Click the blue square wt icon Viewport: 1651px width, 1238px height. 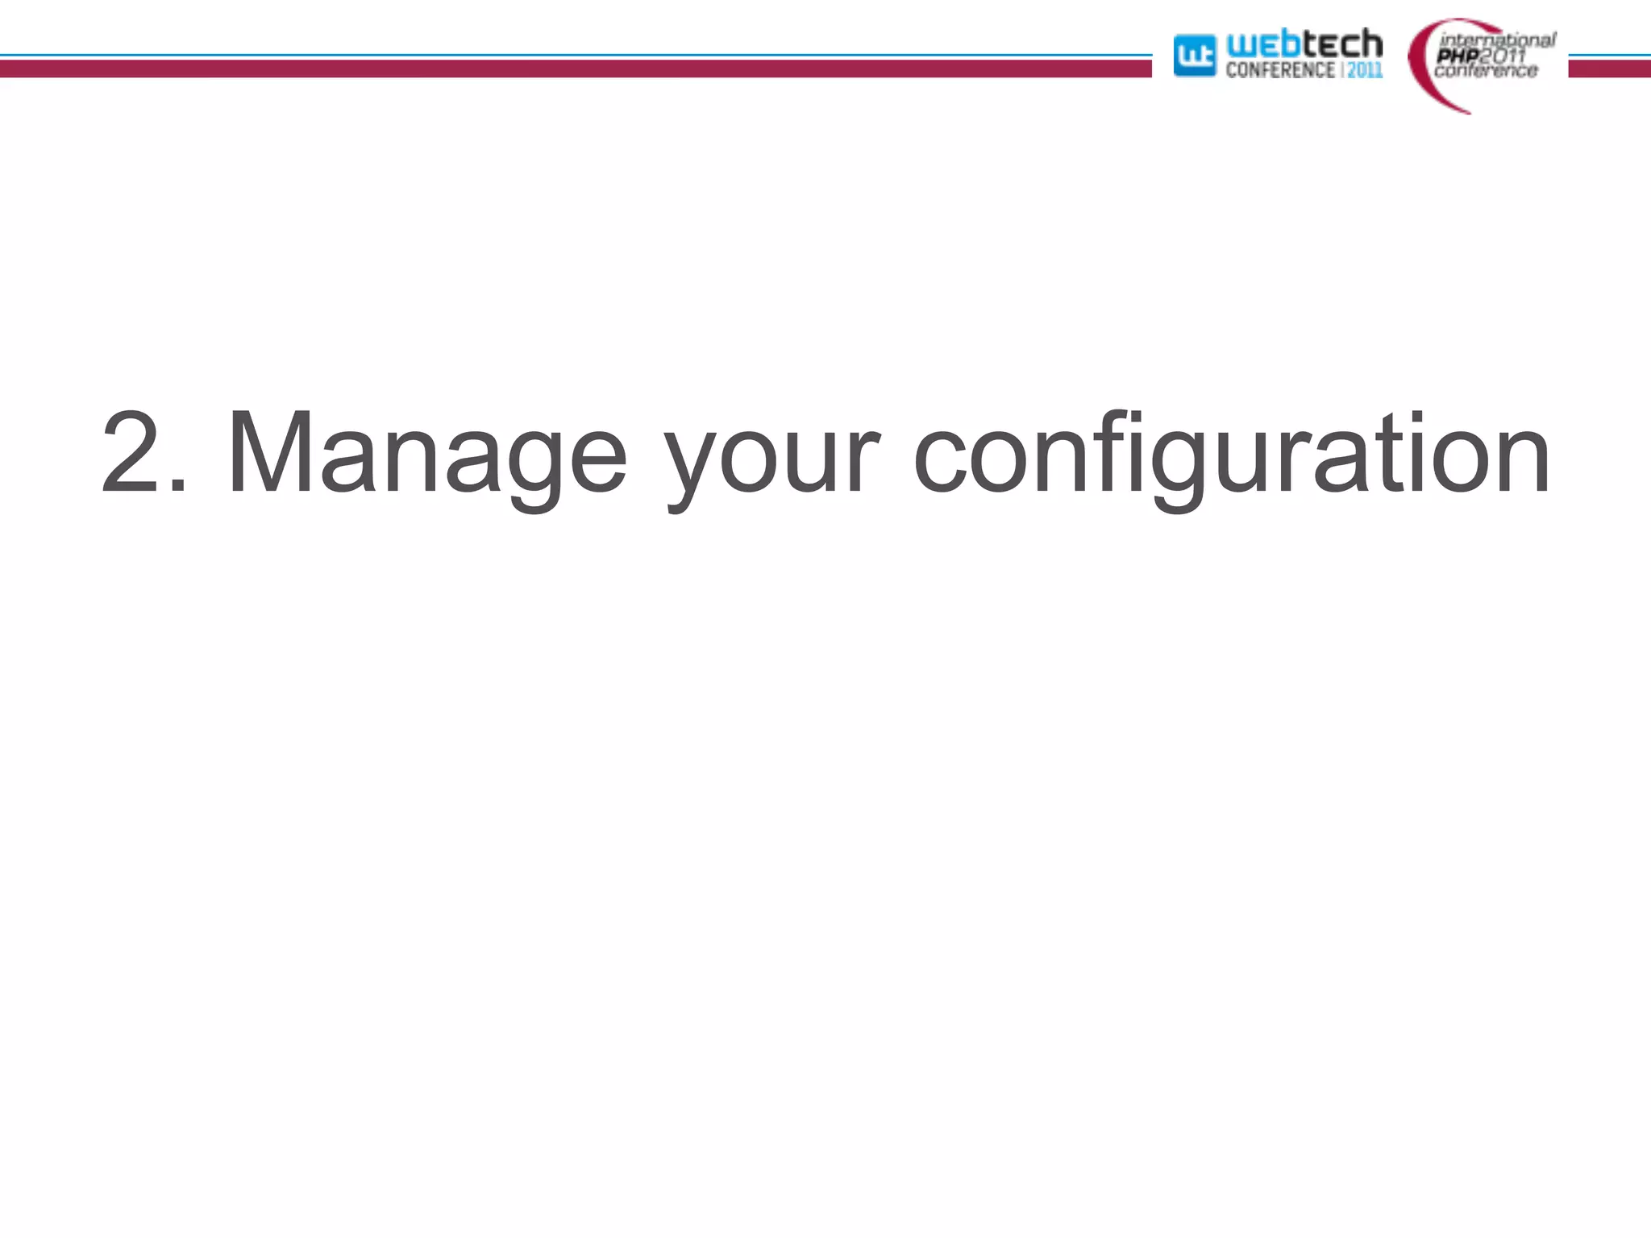pos(1194,56)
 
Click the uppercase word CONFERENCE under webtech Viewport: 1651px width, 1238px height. pos(1280,70)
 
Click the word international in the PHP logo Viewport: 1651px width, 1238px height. pos(1497,39)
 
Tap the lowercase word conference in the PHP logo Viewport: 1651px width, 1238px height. pos(1486,71)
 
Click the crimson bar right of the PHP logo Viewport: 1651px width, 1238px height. pos(1609,69)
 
